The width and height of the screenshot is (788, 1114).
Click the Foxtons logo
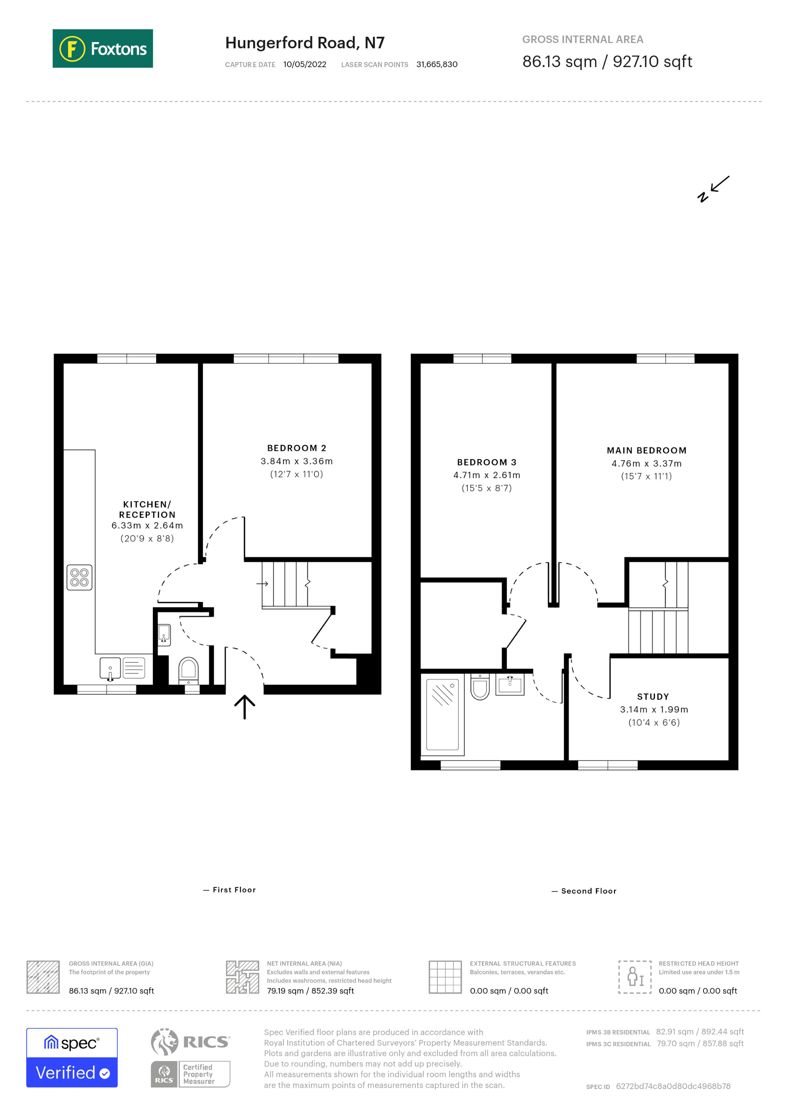click(102, 48)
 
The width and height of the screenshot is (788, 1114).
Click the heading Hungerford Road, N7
click(305, 43)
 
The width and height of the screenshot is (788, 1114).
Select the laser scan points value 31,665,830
click(436, 64)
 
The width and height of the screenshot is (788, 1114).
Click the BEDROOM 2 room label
click(297, 448)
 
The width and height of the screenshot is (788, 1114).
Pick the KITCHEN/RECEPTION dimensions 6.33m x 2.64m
click(147, 525)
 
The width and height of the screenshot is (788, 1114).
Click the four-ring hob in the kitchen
click(80, 577)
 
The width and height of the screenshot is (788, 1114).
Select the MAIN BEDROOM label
click(646, 450)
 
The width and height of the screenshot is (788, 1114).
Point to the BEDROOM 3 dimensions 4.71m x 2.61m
click(486, 475)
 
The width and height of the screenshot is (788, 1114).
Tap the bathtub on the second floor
click(442, 714)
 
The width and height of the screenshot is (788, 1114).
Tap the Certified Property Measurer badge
click(191, 1074)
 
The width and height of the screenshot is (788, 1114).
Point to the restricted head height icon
click(634, 977)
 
